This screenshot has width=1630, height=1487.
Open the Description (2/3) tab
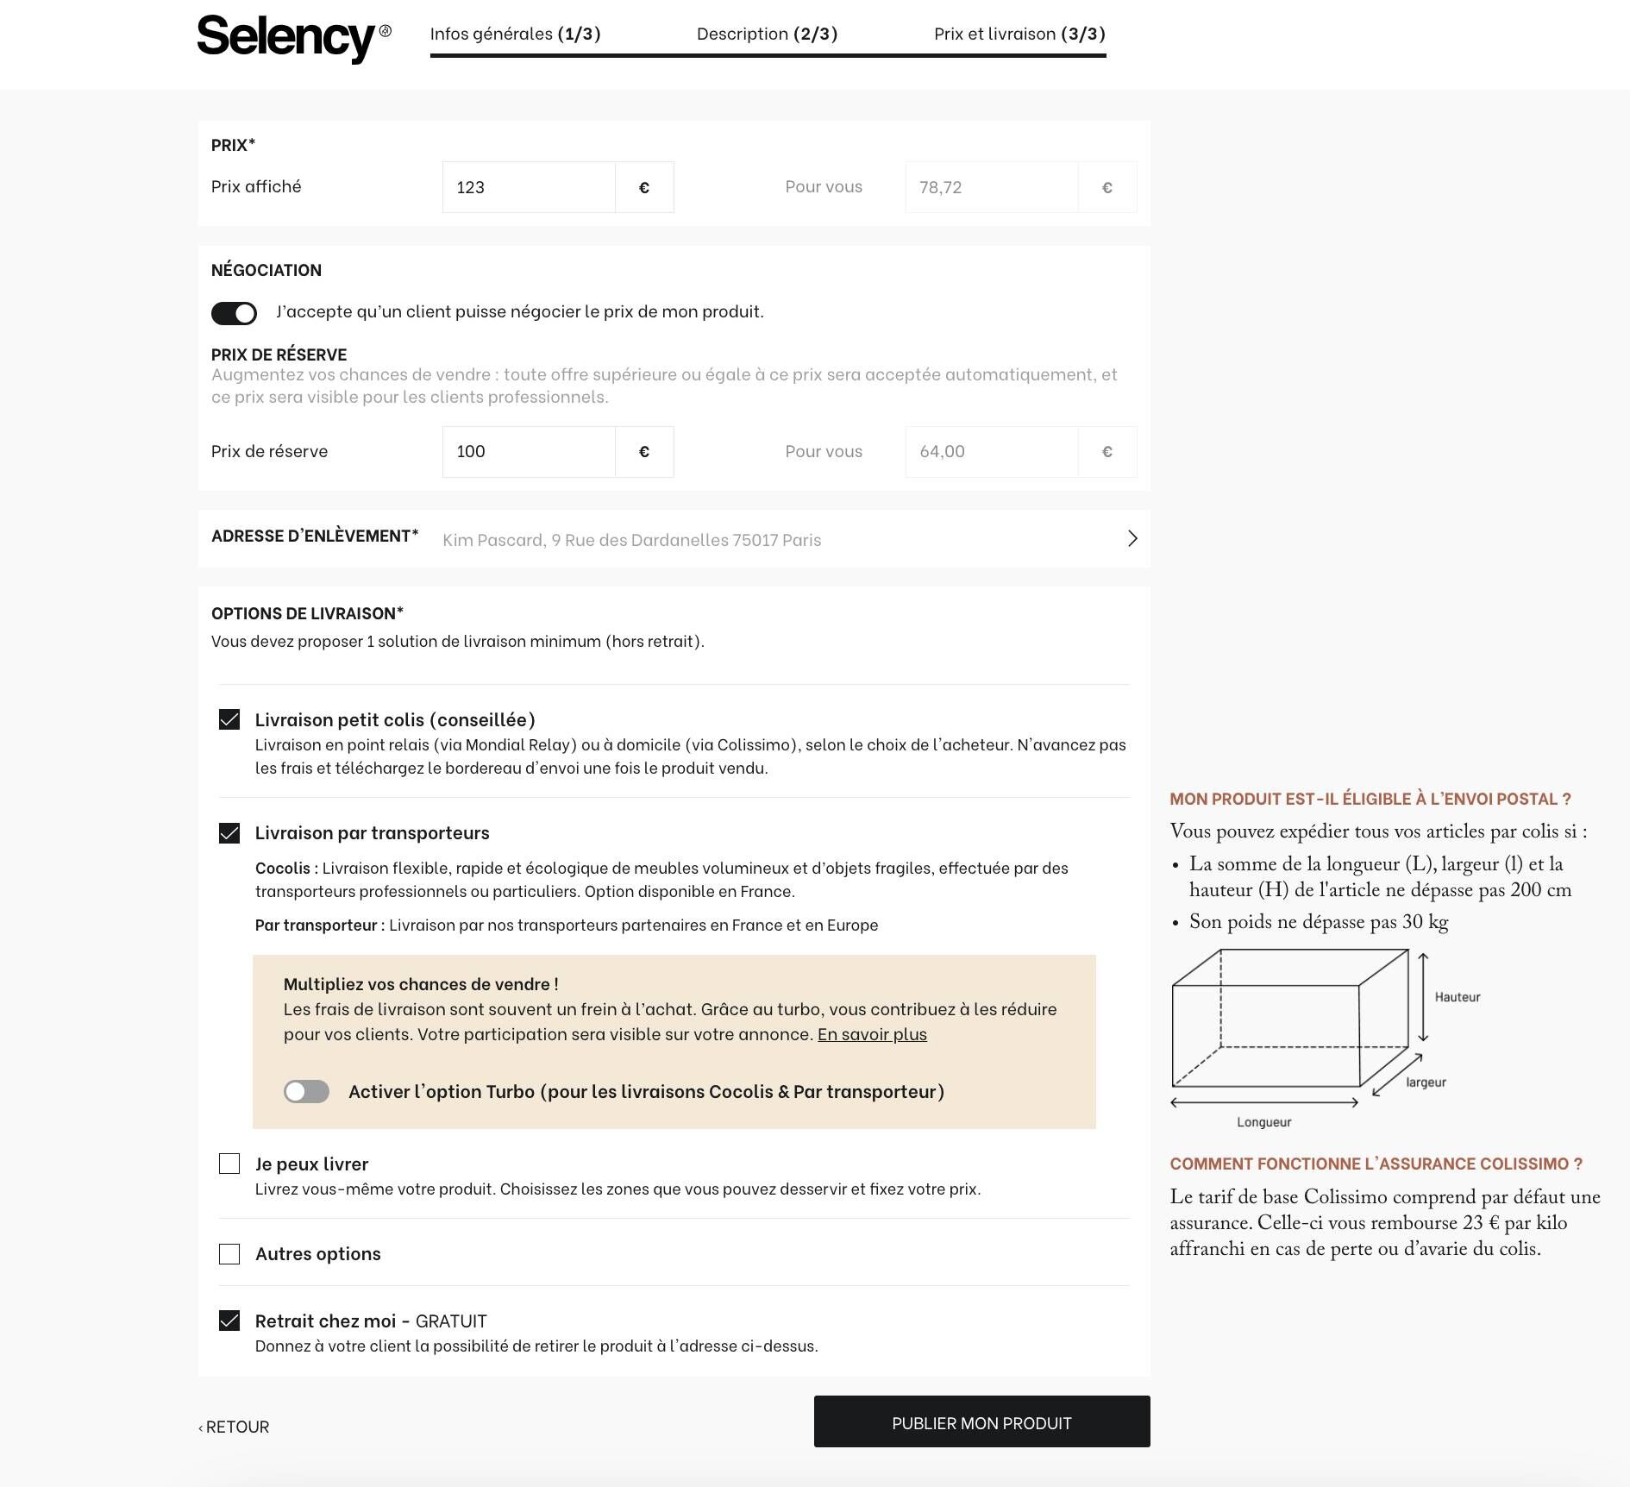point(767,34)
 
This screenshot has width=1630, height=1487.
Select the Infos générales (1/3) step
point(515,34)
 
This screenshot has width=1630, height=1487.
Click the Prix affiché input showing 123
point(528,187)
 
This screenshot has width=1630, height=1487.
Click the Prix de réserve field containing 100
point(528,452)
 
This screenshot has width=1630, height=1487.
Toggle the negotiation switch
point(234,313)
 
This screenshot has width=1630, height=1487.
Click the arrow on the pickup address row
point(1132,539)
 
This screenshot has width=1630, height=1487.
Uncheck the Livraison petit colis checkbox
point(229,719)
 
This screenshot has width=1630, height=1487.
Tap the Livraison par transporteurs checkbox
point(229,833)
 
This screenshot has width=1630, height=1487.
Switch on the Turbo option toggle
point(306,1092)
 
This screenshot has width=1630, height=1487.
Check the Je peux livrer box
point(229,1164)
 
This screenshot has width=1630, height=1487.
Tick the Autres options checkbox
point(229,1254)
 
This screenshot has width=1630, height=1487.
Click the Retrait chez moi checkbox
point(229,1321)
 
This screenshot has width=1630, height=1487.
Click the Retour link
point(235,1427)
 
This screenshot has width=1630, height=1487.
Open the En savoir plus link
point(872,1034)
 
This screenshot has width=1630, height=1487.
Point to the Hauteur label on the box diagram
point(1457,997)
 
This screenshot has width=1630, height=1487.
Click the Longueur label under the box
point(1263,1122)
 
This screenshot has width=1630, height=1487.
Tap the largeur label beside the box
point(1426,1082)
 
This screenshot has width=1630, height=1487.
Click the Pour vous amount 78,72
point(990,187)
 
